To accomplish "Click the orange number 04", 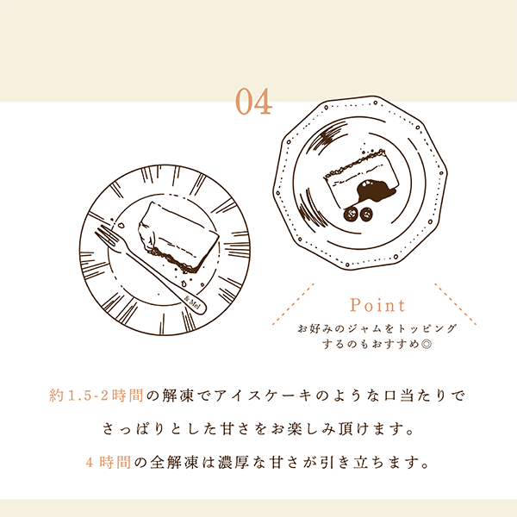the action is click(254, 101).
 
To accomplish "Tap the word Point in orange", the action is click(377, 305).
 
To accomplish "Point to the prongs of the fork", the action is click(107, 235).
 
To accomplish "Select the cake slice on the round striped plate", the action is click(178, 237).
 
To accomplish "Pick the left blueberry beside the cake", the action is click(351, 214).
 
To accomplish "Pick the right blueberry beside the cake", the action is click(365, 215).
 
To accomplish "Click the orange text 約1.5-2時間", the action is click(97, 396).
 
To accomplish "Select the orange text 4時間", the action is click(109, 462).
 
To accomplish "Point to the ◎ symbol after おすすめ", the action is click(427, 344).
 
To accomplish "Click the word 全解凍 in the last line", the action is click(174, 462).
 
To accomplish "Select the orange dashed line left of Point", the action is click(293, 304).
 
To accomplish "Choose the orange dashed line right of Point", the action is click(455, 304).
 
